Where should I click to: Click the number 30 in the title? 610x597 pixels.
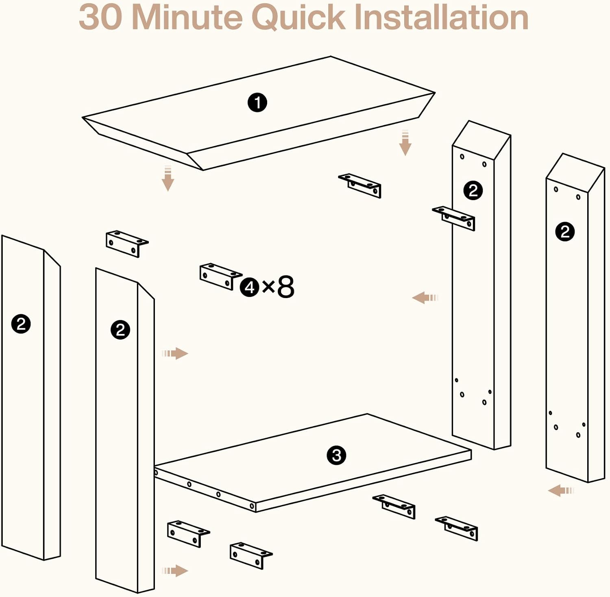pos(100,17)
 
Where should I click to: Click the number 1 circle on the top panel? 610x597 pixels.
pos(257,102)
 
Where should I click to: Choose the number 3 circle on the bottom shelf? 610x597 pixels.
pos(336,455)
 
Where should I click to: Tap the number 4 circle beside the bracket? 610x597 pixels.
pos(249,287)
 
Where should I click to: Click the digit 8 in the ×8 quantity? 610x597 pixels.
pos(285,287)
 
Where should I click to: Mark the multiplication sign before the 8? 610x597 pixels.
pos(268,287)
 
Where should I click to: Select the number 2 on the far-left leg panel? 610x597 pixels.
pos(21,324)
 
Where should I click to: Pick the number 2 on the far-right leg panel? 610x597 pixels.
pos(565,232)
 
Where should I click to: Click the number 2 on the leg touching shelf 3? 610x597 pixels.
pos(120,329)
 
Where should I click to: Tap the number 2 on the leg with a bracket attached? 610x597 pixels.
pos(473,190)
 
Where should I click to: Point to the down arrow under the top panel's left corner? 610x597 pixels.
pos(168,179)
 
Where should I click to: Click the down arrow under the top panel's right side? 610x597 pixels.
pos(405,143)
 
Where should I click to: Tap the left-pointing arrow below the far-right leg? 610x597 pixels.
pos(561,490)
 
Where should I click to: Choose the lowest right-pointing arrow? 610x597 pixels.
pos(175,571)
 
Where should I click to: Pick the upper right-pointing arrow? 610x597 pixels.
pos(175,353)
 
